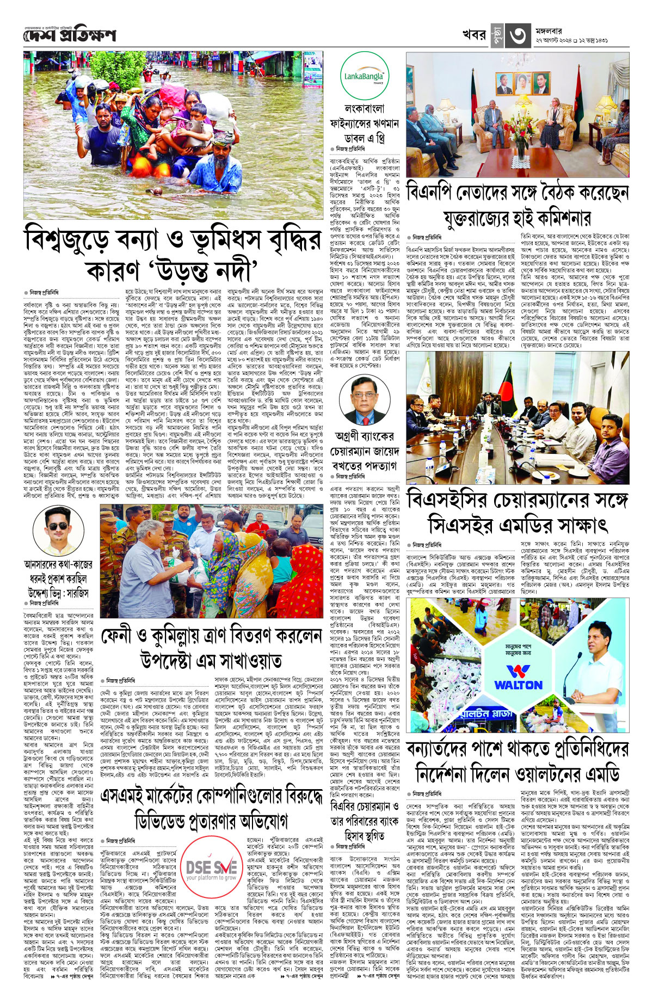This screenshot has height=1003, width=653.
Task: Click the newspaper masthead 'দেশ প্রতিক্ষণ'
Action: click(70, 35)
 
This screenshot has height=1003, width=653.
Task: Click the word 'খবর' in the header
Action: click(473, 35)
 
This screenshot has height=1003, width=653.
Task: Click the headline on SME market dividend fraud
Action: click(212, 810)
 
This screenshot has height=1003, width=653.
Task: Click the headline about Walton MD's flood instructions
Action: click(518, 762)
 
